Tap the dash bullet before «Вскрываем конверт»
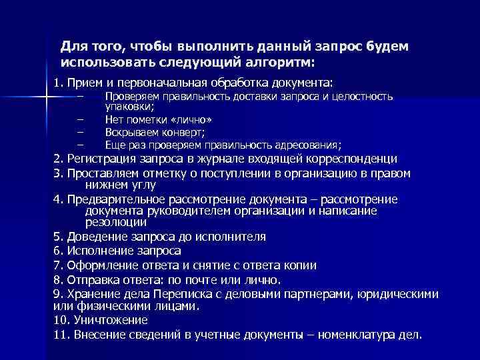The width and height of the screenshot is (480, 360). point(81,133)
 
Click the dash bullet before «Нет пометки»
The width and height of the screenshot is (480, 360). point(81,120)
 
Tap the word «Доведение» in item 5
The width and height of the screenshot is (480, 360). point(95,237)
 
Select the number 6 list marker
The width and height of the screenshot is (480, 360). point(57,251)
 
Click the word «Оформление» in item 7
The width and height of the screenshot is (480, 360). point(101,265)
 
